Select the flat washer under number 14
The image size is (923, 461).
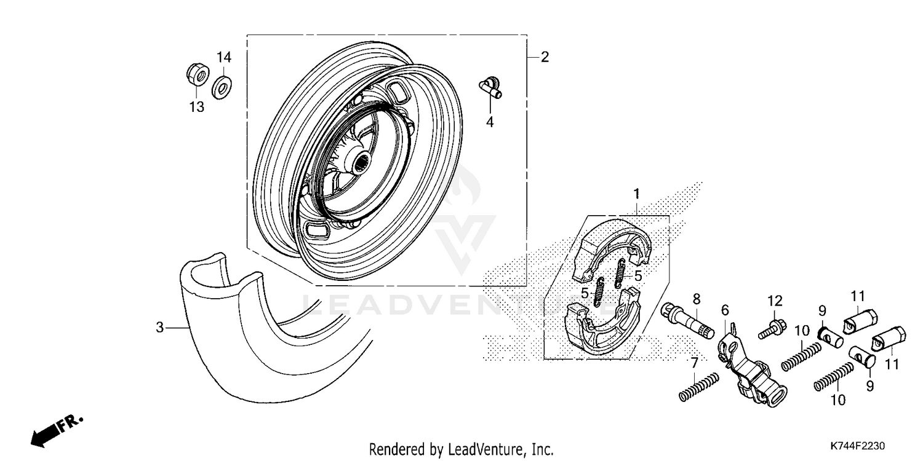(222, 87)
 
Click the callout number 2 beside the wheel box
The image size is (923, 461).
(545, 58)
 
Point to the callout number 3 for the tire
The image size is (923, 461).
(159, 328)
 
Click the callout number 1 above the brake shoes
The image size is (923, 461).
(637, 194)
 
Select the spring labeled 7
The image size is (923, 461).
(699, 388)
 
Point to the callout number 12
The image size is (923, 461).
(775, 301)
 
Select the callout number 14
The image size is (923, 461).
(223, 57)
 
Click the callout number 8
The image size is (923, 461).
(696, 299)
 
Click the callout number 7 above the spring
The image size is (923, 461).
(694, 362)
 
